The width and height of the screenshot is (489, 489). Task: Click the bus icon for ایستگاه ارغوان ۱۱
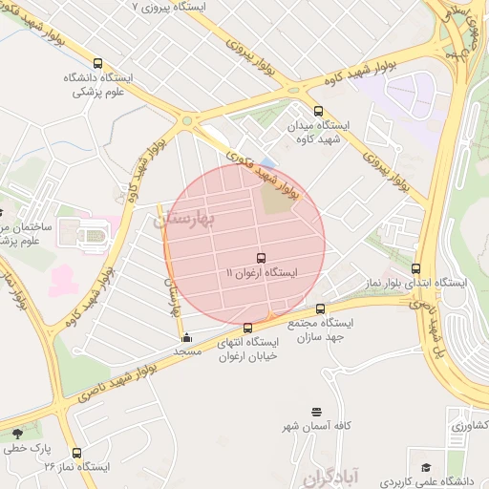coord(261,258)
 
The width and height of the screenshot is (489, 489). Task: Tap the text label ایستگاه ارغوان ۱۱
coord(261,273)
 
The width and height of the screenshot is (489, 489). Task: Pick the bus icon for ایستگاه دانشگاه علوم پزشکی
coord(99,64)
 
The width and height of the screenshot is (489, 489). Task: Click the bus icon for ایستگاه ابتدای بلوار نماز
coord(415,268)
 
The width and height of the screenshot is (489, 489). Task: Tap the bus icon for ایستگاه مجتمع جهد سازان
coord(320,308)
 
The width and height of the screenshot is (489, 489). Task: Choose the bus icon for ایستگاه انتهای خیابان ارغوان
coord(248,328)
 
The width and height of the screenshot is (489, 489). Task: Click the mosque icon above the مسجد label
coord(185,337)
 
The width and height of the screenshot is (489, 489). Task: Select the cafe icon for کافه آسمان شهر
coord(316,412)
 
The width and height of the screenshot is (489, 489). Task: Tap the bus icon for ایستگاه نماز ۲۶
coord(76,453)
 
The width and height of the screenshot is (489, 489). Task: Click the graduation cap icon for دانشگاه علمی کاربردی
coord(424,466)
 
